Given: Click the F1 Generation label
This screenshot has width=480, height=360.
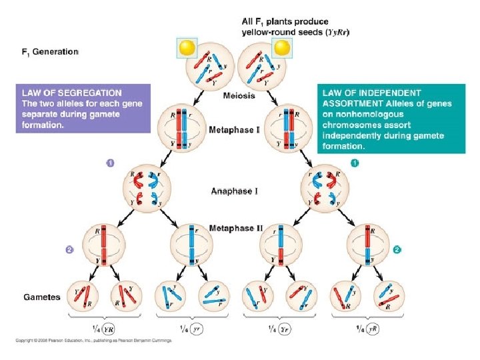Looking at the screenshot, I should pos(50,51).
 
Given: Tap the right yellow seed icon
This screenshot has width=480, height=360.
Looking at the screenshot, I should pos(283,47).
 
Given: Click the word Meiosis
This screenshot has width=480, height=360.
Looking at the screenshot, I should pos(239,95).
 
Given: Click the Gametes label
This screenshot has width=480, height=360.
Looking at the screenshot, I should pos(42,297).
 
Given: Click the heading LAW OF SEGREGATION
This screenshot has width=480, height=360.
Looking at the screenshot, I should pos(72,93).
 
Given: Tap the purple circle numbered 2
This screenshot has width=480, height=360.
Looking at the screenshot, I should pos(68,250).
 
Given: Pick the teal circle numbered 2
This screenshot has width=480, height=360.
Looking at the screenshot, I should pos(397,250).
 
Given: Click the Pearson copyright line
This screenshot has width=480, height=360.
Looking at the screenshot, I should pos(93,341).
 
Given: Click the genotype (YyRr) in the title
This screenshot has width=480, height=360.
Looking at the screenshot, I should pos(338,31).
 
